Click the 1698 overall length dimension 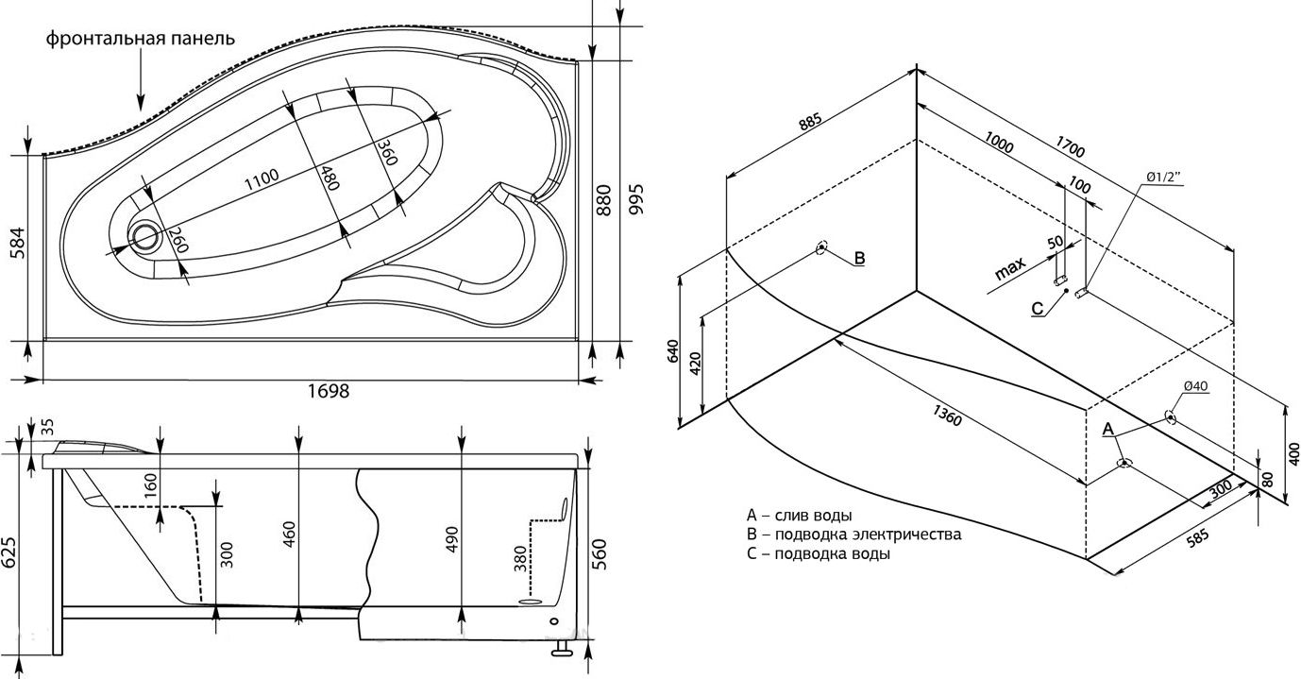[x=329, y=391]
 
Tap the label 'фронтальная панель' [x=141, y=39]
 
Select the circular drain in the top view [x=144, y=236]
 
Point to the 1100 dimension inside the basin [x=262, y=179]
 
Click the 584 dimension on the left [x=19, y=243]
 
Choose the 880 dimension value [x=604, y=200]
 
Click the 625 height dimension [x=9, y=553]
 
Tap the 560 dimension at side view [x=600, y=554]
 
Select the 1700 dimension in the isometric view [x=1070, y=146]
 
